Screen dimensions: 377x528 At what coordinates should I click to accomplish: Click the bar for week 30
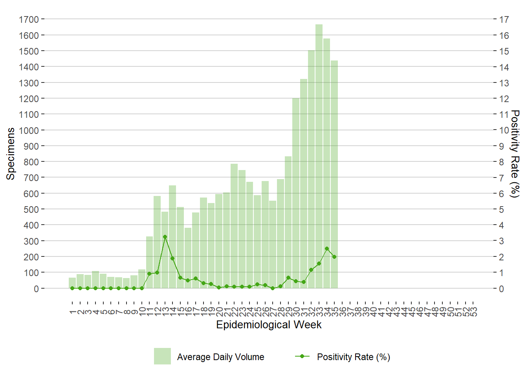click(296, 193)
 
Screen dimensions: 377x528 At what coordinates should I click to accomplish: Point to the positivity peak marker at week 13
click(165, 237)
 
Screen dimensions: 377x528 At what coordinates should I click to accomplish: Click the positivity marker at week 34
click(327, 249)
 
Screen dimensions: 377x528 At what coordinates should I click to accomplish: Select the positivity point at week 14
click(172, 258)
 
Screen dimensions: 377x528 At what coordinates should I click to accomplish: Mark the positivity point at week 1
click(72, 288)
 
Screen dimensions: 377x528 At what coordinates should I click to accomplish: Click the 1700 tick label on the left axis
click(29, 19)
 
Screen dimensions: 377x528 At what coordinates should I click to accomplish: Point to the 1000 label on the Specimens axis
click(29, 130)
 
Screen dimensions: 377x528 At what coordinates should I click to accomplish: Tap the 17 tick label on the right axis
click(504, 19)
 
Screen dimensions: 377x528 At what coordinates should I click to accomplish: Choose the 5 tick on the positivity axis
click(501, 209)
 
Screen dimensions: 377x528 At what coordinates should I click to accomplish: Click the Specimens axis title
click(11, 154)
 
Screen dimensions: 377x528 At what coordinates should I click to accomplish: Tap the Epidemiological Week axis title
click(269, 325)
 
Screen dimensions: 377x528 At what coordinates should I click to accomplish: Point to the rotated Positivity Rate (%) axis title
click(515, 154)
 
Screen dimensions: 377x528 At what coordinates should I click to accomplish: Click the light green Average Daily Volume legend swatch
click(162, 356)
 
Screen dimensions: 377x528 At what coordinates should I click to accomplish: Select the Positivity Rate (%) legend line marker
click(302, 356)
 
